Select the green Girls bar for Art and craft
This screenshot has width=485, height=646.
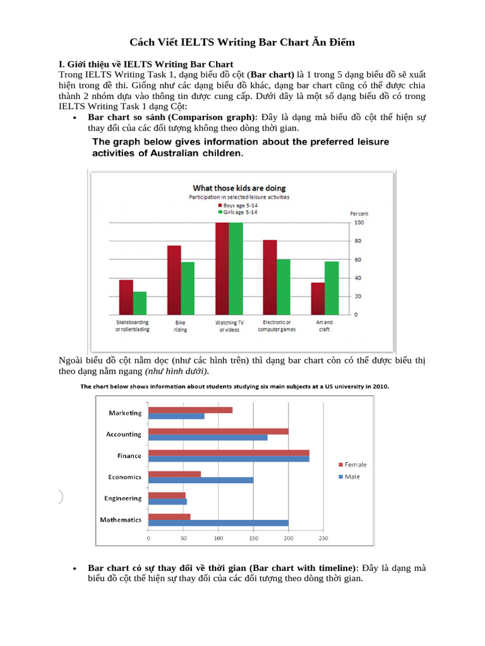(x=331, y=288)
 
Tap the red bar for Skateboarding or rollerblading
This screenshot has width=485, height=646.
(x=126, y=297)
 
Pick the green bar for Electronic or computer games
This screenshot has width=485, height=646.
(x=283, y=286)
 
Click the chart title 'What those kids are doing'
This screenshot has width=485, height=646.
(x=239, y=188)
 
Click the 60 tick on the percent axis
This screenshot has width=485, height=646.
(x=358, y=260)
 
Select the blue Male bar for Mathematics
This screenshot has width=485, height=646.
(x=219, y=523)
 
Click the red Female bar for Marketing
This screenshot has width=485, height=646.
(x=190, y=410)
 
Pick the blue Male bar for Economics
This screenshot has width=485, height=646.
(x=201, y=480)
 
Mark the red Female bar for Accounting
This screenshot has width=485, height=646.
(x=219, y=432)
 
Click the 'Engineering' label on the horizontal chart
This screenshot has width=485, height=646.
(x=123, y=498)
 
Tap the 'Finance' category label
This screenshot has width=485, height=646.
(x=129, y=455)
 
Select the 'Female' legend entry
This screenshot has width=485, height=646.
(x=355, y=464)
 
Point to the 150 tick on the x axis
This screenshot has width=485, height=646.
(x=253, y=539)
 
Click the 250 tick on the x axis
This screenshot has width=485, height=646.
(x=323, y=539)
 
